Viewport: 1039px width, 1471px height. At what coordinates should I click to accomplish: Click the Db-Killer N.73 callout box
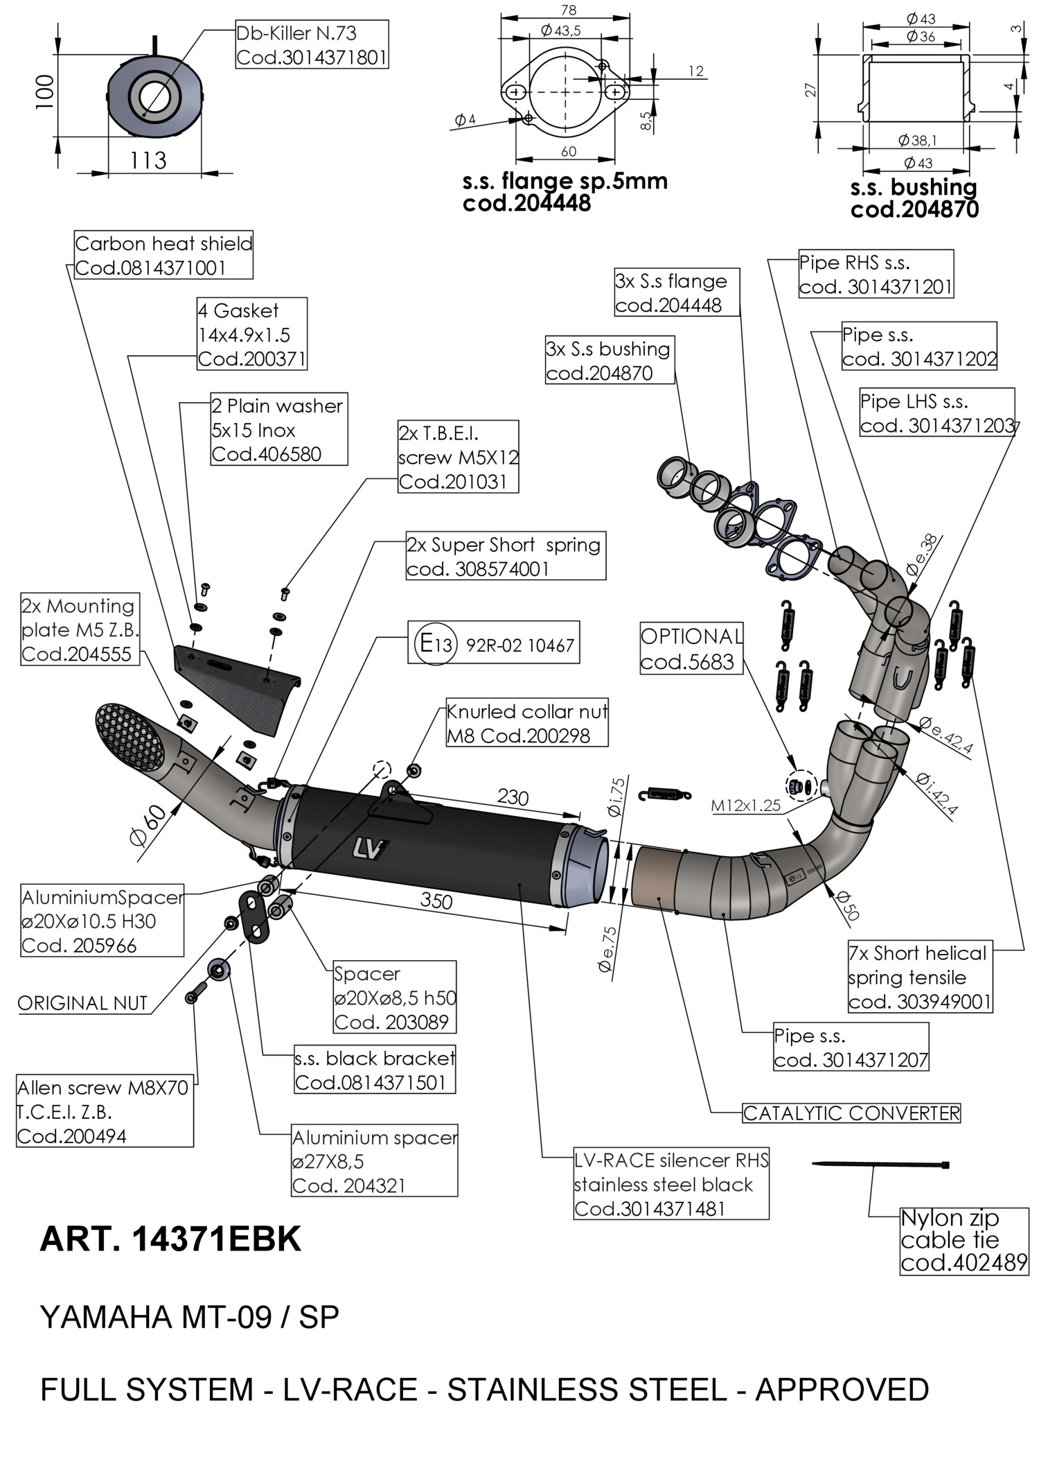pos(311,44)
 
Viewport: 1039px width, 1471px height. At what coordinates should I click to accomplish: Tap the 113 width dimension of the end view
pos(148,161)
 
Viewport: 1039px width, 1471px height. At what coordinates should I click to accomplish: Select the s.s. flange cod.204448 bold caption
pos(565,192)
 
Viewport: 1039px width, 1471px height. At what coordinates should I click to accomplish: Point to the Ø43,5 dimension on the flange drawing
pos(561,31)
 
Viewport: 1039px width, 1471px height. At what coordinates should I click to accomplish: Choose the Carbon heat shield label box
pos(163,255)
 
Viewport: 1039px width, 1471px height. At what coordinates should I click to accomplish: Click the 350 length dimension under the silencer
pos(436,900)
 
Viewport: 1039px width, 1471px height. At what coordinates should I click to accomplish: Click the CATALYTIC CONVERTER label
pos(851,1113)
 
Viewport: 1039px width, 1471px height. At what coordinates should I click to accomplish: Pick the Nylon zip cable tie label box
pos(963,1240)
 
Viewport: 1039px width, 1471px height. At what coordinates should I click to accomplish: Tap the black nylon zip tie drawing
pos(880,1165)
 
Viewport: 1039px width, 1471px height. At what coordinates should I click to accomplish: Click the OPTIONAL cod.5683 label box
pos(691,649)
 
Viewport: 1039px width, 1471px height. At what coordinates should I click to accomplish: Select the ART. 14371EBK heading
pos(170,1239)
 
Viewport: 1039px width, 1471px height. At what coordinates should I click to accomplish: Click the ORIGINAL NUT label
pos(82,1003)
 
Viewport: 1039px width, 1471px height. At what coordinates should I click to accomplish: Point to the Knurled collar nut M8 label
pos(526,724)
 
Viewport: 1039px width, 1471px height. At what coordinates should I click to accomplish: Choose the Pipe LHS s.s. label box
pos(936,413)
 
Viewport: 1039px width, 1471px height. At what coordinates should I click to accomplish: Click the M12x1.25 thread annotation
pos(745,806)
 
